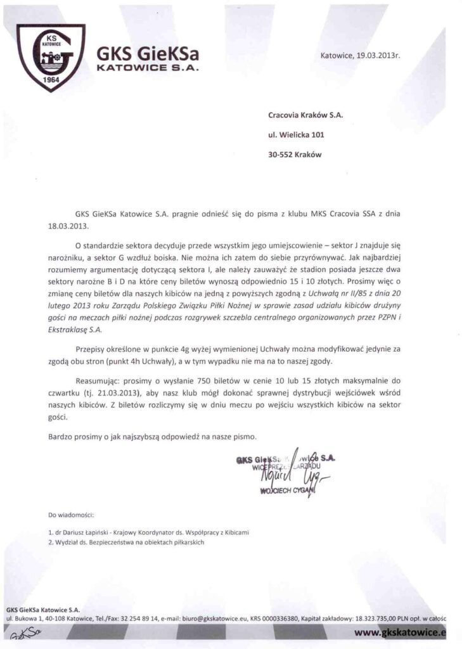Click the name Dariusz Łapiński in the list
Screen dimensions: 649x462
[87, 532]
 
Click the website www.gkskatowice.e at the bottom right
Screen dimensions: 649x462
[400, 632]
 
